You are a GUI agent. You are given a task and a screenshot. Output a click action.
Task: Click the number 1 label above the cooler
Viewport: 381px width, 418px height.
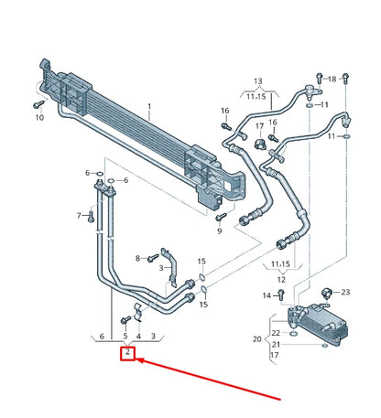click(148, 107)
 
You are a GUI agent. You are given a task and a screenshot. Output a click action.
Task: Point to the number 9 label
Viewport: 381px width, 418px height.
click(220, 230)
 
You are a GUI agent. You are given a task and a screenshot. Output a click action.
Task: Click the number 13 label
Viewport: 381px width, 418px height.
click(257, 81)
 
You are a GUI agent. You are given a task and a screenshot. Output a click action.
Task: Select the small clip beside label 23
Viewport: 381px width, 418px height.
click(328, 293)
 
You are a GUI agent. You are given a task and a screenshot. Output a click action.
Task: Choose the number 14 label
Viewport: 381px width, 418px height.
click(267, 295)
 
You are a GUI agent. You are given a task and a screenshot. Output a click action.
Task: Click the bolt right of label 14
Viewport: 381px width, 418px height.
click(280, 295)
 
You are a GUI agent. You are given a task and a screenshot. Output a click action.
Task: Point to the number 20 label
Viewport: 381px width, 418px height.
click(256, 338)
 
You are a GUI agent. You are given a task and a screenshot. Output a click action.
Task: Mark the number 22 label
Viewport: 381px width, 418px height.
click(275, 333)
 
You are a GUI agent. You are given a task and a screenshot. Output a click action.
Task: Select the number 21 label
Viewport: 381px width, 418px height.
click(275, 344)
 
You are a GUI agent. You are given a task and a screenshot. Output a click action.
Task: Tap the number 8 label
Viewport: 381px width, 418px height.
click(137, 259)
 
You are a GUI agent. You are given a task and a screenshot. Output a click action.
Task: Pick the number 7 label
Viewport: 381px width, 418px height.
click(79, 216)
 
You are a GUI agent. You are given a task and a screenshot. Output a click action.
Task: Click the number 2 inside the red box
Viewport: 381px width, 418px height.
click(129, 352)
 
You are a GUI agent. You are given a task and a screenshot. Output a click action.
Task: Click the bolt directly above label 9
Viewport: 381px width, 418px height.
click(220, 217)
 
